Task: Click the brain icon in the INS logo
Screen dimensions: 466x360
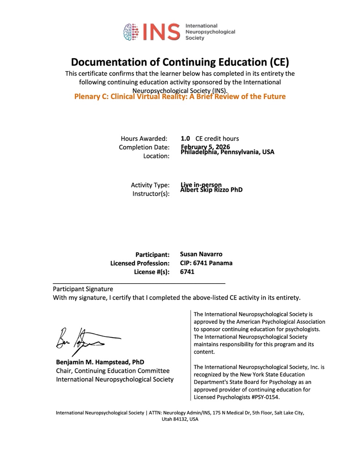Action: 132,32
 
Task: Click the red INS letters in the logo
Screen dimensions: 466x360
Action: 162,32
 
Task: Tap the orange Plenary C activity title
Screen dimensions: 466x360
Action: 180,96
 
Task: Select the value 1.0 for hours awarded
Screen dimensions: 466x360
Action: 185,138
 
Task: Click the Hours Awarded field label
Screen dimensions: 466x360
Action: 144,138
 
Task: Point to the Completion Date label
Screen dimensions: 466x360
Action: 144,147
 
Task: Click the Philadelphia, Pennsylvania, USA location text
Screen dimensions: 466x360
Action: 228,152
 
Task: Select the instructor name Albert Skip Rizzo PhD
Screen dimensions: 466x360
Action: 211,190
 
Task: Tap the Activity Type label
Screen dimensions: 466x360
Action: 150,185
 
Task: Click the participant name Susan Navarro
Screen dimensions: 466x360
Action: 201,254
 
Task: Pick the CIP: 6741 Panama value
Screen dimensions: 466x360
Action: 206,263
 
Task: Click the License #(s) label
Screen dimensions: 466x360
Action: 152,272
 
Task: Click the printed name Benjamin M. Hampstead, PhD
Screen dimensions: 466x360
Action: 100,362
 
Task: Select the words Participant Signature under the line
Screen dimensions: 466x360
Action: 83,289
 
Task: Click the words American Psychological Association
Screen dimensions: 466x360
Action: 281,321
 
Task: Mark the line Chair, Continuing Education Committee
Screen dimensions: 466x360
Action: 112,371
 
